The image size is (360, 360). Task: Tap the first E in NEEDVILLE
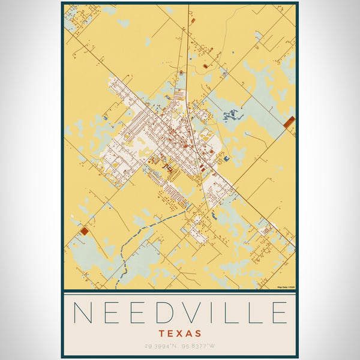pos(111,313)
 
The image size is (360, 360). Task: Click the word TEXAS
pos(180,333)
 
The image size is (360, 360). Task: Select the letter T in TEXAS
pos(163,333)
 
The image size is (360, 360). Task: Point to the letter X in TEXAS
pos(180,333)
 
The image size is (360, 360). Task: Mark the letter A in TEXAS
pos(189,333)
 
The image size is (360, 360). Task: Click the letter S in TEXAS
pos(198,333)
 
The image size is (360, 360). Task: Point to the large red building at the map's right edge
pos(289,122)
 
